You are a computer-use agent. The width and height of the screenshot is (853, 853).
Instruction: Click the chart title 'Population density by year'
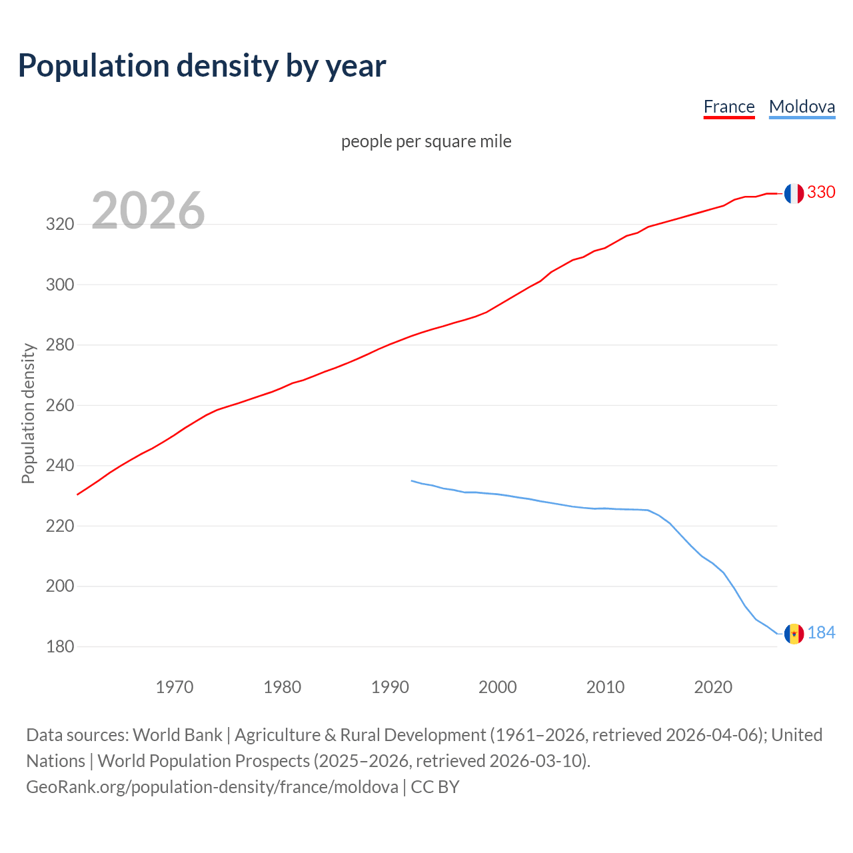[x=202, y=65]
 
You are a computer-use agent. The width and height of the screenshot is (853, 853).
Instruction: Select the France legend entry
[x=729, y=107]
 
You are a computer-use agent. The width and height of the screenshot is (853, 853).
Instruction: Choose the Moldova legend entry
[x=802, y=107]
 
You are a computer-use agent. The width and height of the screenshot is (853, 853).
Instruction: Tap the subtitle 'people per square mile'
[x=426, y=141]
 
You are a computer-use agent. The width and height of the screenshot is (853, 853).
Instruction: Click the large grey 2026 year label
[x=148, y=211]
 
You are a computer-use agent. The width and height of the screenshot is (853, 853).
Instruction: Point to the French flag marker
[x=793, y=193]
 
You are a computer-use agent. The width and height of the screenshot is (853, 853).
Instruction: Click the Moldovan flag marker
[x=793, y=634]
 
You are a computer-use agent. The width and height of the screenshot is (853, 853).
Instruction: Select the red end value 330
[x=821, y=192]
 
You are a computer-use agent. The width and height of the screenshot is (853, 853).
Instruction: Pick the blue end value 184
[x=821, y=632]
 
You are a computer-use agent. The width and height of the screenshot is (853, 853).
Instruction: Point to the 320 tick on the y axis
[x=59, y=224]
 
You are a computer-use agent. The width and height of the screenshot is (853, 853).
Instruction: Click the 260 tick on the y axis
[x=59, y=405]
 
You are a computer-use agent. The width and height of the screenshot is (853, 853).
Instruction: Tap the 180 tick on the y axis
[x=59, y=646]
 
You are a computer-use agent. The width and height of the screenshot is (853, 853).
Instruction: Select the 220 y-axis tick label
[x=59, y=526]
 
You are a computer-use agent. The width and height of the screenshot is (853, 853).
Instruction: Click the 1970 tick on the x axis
[x=175, y=687]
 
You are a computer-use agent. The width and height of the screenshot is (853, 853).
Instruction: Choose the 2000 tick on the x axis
[x=497, y=687]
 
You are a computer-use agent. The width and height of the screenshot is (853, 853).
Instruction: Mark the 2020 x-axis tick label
[x=713, y=687]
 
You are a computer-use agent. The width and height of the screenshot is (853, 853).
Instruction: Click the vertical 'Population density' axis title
[x=28, y=413]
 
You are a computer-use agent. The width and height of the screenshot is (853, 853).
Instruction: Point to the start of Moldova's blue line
[x=412, y=480]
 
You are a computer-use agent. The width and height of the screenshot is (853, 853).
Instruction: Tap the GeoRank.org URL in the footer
[x=212, y=787]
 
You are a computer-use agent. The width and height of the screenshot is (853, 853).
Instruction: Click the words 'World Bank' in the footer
[x=177, y=735]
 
